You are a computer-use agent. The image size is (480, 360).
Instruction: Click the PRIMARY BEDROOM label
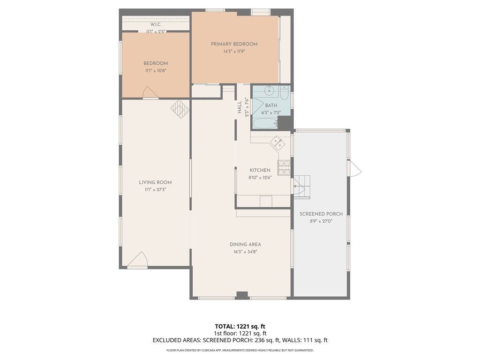coord(234,44)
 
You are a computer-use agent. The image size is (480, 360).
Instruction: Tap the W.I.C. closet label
coord(156,24)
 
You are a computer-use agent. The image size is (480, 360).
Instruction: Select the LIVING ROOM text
coord(156,182)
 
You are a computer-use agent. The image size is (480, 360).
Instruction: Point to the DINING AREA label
coord(245,245)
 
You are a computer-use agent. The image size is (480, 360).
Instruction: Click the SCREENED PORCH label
coord(321,214)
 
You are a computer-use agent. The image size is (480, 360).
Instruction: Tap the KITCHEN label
coord(260,170)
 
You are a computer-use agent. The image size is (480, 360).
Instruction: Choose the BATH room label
coord(271,105)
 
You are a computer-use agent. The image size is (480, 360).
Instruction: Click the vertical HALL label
coord(240,107)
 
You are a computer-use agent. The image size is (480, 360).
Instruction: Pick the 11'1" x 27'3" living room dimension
coord(156,190)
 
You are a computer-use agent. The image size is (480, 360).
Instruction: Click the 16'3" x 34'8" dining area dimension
coord(245,252)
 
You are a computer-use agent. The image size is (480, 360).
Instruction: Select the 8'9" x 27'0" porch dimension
coord(321,221)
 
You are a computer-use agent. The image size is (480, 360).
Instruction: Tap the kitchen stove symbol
coord(284,168)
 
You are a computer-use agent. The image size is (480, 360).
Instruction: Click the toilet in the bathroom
coord(284,92)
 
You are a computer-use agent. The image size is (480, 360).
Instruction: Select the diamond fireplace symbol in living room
coord(180,109)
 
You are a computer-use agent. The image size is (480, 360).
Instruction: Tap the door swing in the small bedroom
coord(150,92)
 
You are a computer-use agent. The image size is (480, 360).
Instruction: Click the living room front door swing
coord(138,260)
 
